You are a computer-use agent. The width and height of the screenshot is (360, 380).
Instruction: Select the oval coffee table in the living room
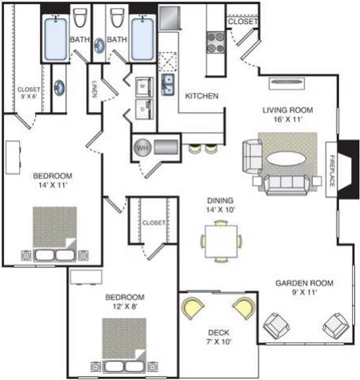(x=286, y=158)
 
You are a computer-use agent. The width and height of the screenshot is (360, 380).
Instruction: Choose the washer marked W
(x=142, y=82)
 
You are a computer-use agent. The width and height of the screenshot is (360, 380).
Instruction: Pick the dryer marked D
(x=142, y=105)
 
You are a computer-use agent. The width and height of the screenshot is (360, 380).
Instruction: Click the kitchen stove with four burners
(x=215, y=41)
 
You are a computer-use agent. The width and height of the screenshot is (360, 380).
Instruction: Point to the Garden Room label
(x=304, y=283)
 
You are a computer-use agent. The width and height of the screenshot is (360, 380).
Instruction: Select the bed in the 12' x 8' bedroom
(x=124, y=342)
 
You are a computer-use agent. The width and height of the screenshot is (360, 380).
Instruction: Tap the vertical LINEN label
(x=94, y=87)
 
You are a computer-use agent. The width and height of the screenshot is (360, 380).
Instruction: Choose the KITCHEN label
(x=202, y=96)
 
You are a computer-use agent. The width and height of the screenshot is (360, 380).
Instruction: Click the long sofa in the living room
(x=286, y=184)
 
